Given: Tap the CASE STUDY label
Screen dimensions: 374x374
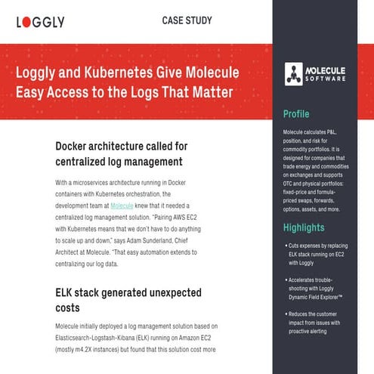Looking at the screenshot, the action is click(187, 20).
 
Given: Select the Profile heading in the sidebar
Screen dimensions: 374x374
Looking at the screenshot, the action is click(296, 115).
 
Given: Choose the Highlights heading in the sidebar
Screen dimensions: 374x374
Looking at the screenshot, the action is click(304, 227).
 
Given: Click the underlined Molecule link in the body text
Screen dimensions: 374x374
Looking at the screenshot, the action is click(123, 206).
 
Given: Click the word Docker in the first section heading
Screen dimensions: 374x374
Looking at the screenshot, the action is click(76, 145).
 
